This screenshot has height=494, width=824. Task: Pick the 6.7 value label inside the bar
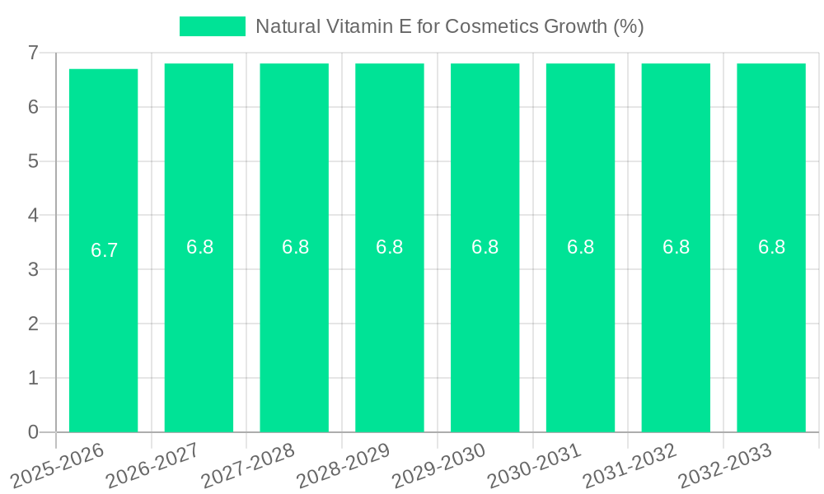pyautogui.click(x=105, y=251)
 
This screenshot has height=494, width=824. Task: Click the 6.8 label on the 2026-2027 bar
pyautogui.click(x=199, y=247)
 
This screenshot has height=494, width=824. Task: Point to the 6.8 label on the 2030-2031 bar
pyautogui.click(x=580, y=247)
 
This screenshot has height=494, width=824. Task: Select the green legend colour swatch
pyautogui.click(x=213, y=26)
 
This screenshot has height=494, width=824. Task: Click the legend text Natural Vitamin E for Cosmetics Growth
pyautogui.click(x=449, y=26)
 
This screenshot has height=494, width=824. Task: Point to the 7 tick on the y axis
pyautogui.click(x=33, y=54)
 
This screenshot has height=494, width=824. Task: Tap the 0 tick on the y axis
pyautogui.click(x=33, y=432)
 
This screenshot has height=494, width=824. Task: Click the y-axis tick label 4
pyautogui.click(x=33, y=216)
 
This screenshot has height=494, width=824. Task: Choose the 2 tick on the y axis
pyautogui.click(x=33, y=324)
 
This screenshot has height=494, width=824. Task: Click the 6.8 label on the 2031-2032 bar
pyautogui.click(x=676, y=247)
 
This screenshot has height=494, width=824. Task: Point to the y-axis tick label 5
pyautogui.click(x=33, y=161)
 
